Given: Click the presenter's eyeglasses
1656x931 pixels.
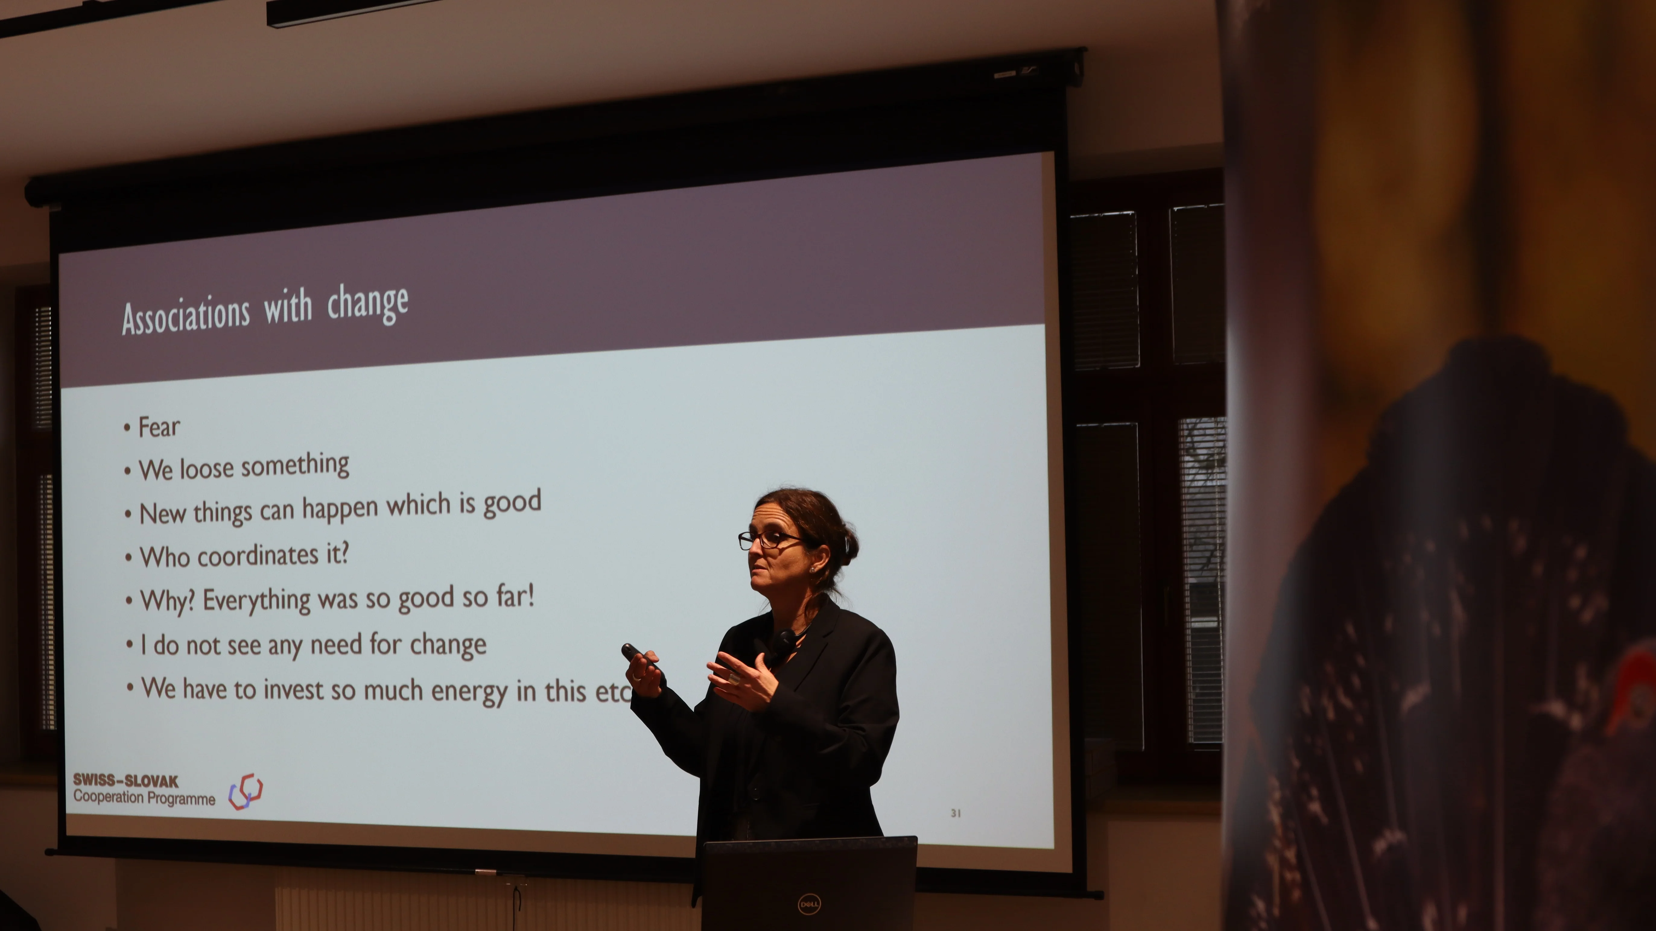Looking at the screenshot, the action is [x=768, y=540].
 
